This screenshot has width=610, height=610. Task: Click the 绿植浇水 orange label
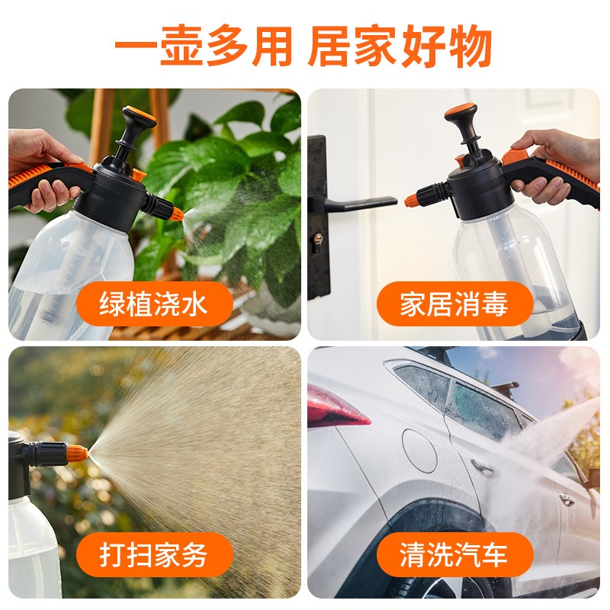pos(155,303)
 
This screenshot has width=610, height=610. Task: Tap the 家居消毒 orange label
pos(454,303)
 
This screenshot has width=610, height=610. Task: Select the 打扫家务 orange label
pos(155,554)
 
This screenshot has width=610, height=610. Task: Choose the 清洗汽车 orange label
pos(454,554)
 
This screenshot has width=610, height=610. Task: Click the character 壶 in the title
pos(181,46)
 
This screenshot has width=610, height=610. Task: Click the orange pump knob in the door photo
pos(461,108)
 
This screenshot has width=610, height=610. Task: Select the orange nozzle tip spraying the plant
pos(176,213)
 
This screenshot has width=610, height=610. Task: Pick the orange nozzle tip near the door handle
pos(411,201)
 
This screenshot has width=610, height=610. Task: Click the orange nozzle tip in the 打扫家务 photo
pos(77,453)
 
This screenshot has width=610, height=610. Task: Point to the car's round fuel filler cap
pos(419,451)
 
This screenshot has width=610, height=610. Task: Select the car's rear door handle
pos(482,466)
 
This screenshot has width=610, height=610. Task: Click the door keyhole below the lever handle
pos(318,239)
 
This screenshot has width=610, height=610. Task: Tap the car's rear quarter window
pos(422,386)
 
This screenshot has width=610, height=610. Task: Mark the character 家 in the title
pos(374,46)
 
